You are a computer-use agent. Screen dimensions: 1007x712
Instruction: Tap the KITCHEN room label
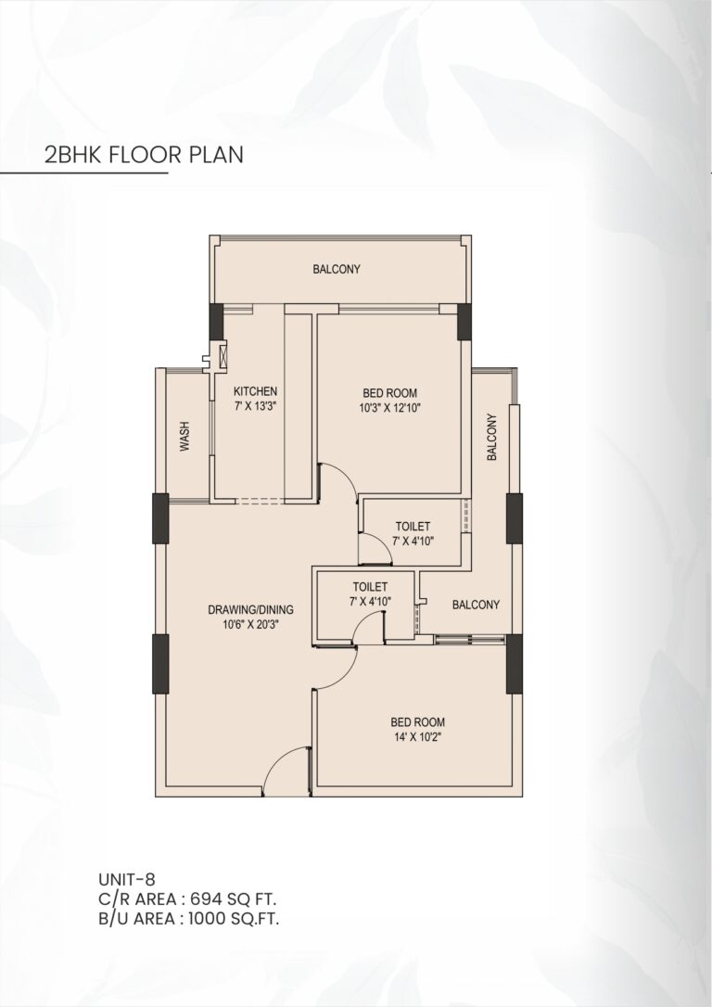coord(255,391)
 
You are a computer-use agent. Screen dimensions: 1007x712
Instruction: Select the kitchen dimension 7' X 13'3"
coord(255,406)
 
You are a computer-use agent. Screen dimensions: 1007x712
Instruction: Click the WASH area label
coord(185,436)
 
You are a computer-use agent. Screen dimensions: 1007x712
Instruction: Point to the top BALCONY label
coord(336,270)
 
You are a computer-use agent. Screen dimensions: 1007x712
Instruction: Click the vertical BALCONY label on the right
coord(492,437)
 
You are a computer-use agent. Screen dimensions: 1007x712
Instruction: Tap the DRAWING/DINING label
coord(250,609)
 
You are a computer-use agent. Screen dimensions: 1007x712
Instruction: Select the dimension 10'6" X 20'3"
coord(250,625)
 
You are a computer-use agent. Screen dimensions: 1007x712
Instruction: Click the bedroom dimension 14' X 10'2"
coord(417,738)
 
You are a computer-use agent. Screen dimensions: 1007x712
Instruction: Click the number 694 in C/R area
coord(214,899)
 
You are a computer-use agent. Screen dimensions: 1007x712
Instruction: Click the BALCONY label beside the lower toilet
coord(476,605)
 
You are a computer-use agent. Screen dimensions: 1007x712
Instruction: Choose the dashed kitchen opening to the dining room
coord(261,502)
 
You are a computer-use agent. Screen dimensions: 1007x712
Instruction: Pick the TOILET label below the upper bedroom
coord(412,526)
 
